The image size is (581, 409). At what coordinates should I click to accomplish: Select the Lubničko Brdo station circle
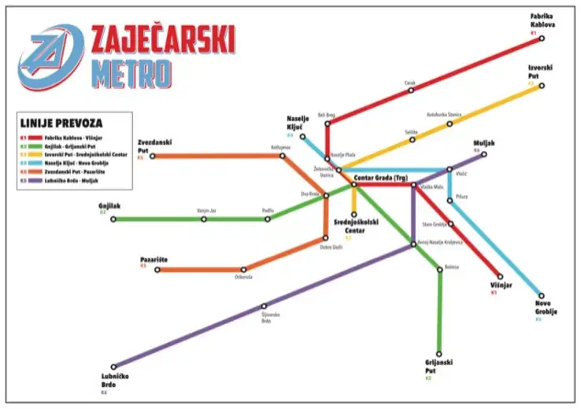pos(114,367)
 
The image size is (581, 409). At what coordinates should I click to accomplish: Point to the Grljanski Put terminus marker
pos(439,354)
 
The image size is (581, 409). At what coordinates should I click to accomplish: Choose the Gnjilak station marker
pos(114,219)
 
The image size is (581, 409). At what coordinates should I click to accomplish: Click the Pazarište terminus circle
pos(157,270)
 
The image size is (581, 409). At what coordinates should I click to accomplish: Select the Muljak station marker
pos(484,154)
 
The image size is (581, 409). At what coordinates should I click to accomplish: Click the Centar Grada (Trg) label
pos(380,177)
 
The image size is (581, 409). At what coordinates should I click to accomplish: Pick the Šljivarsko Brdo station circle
pos(264,306)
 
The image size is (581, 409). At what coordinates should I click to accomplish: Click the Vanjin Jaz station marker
pos(204,219)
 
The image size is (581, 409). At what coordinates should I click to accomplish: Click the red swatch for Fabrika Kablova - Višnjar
pos(24,138)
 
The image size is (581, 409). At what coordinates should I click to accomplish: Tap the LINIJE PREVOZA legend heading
pos(61,123)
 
